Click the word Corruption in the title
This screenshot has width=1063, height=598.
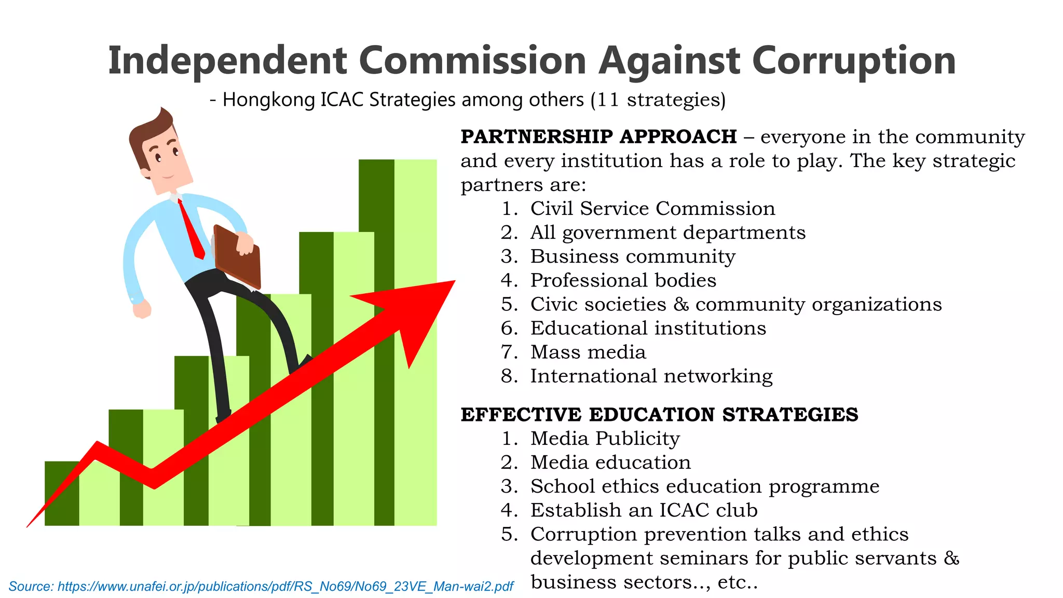point(853,61)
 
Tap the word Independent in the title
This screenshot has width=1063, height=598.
point(227,61)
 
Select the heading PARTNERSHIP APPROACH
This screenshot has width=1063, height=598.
point(598,137)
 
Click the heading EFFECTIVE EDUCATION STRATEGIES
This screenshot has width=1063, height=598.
point(659,415)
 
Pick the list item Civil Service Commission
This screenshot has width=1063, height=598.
point(652,209)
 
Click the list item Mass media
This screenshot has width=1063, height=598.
point(588,352)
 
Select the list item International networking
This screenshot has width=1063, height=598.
point(651,376)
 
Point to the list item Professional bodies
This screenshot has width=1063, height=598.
point(623,280)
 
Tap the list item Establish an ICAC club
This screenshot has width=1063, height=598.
point(644,510)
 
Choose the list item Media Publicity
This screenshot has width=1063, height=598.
point(605,439)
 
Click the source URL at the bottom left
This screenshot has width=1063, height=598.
point(261,587)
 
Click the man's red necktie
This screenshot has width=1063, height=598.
point(191,228)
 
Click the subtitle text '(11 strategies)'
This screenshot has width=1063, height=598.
point(658,100)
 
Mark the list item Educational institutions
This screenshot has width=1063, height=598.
point(648,328)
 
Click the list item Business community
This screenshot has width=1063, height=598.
point(633,256)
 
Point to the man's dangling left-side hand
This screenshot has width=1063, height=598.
point(142,309)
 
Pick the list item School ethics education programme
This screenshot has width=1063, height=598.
point(704,486)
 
